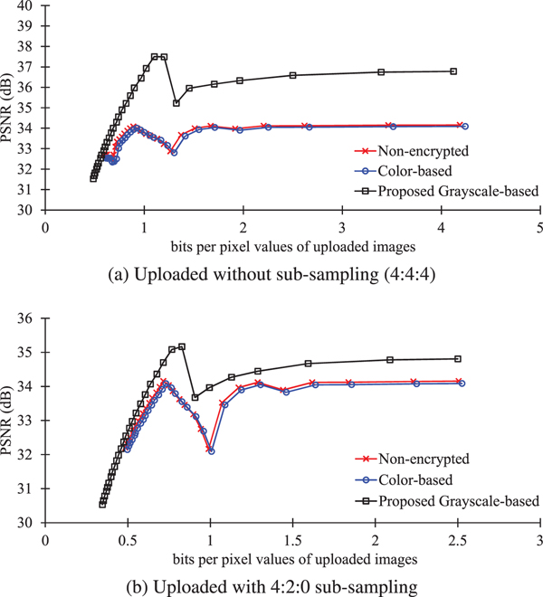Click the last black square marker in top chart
point(453,71)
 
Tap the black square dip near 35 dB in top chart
point(176,103)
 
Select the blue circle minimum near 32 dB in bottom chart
point(211,450)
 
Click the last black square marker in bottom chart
point(457,359)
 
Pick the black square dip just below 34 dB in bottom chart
point(195,397)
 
